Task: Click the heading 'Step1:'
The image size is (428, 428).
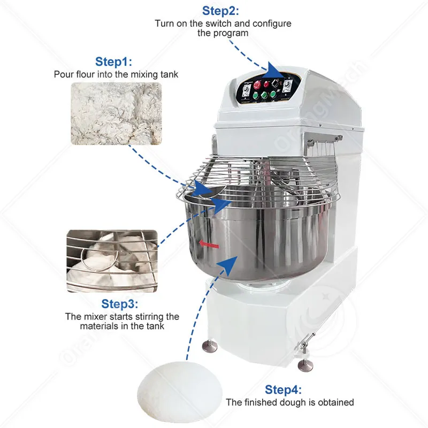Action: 113,62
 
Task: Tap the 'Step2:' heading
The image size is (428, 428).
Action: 220,11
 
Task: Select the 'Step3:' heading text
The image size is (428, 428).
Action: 119,304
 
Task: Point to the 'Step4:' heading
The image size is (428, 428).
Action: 283,389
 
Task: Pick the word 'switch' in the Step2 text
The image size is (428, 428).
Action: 219,24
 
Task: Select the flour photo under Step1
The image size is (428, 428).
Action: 116,113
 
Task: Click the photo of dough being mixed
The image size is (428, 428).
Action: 112,261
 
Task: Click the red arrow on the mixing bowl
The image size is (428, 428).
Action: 209,244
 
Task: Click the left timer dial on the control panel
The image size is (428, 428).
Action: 247,89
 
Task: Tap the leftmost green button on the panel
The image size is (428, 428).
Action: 256,96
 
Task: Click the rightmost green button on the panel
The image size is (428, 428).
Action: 273,95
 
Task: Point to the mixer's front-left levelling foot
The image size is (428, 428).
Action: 210,346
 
